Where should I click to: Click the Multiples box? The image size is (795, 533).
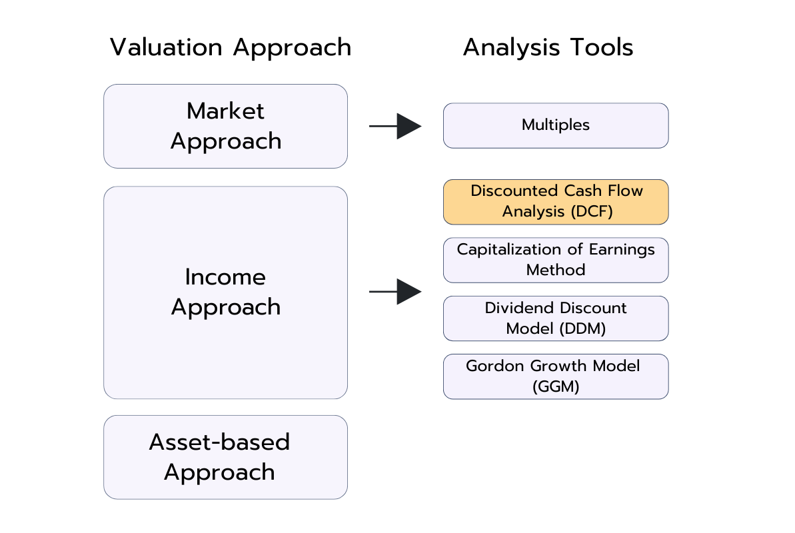[555, 125]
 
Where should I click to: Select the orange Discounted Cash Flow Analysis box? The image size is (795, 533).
[555, 201]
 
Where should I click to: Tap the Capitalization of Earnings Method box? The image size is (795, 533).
[555, 260]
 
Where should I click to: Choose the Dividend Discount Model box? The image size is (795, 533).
[555, 318]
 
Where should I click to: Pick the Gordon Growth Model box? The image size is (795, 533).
[555, 376]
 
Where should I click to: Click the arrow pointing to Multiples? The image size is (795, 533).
[395, 126]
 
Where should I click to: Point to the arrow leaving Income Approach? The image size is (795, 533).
[395, 292]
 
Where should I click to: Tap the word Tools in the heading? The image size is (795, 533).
[603, 47]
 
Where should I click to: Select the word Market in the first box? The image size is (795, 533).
[225, 111]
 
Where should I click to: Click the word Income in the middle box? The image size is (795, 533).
[225, 276]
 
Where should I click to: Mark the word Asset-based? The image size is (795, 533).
[219, 442]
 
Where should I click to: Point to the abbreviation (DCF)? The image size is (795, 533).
[588, 212]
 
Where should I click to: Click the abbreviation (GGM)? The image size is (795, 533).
[555, 386]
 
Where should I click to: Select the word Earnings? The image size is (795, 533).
[621, 249]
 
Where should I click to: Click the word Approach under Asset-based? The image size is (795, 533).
[219, 472]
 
